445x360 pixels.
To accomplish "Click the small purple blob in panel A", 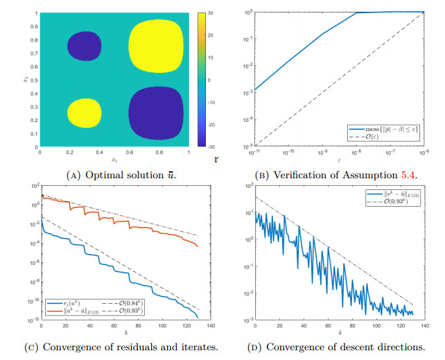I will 82,46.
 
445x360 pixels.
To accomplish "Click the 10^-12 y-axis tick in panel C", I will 32,320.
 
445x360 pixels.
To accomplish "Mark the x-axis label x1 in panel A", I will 114,160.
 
